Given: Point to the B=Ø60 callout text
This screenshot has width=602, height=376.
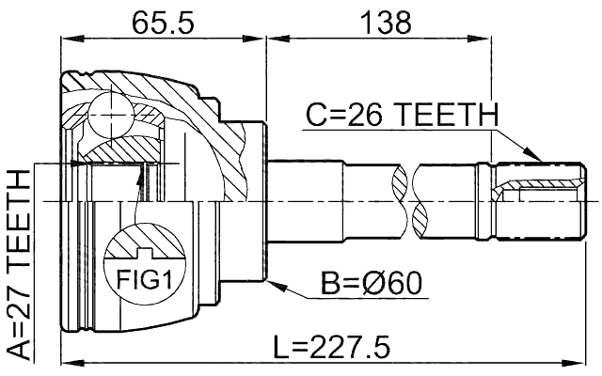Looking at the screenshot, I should [x=372, y=282].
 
